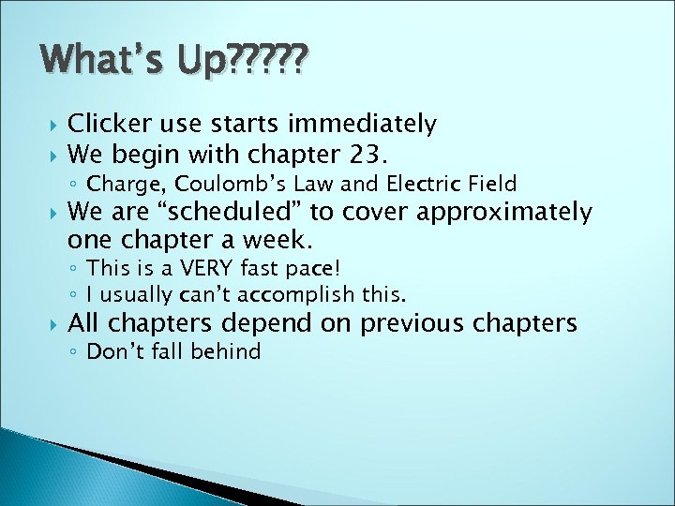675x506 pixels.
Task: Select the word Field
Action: [x=491, y=183]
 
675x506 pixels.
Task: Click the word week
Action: [x=277, y=239]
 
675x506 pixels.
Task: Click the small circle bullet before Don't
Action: [x=75, y=353]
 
